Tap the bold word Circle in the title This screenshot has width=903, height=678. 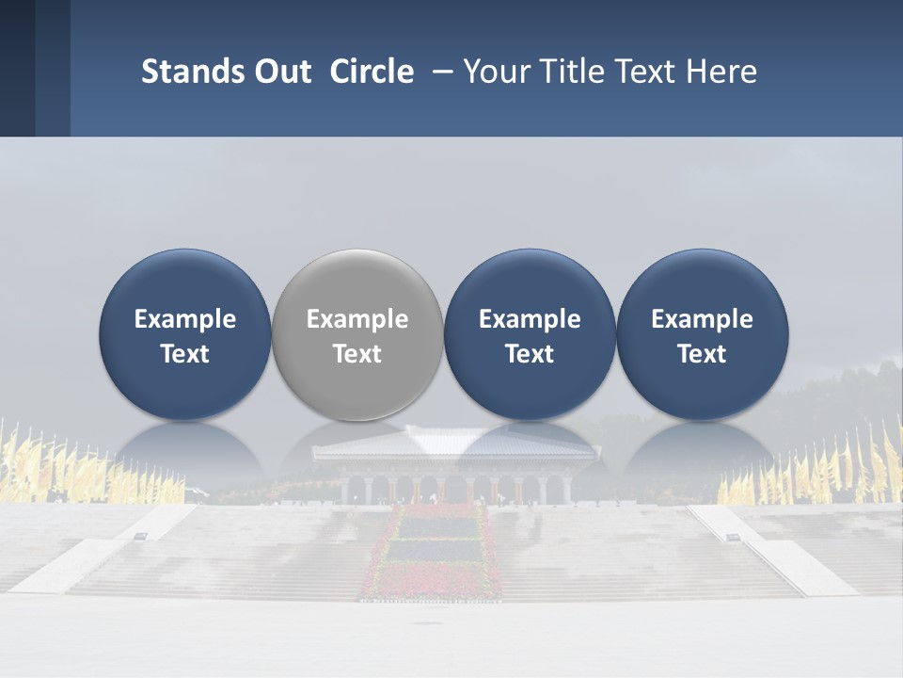click(372, 72)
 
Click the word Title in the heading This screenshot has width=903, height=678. click(573, 72)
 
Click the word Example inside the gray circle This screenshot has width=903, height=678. click(357, 319)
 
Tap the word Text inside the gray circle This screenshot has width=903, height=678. click(357, 354)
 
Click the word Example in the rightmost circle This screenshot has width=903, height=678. click(702, 319)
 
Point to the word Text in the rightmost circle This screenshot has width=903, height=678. click(702, 354)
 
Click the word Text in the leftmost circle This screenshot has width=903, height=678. click(184, 354)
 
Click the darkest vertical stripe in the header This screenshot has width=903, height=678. click(17, 68)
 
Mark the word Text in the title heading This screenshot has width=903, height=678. click(648, 72)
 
